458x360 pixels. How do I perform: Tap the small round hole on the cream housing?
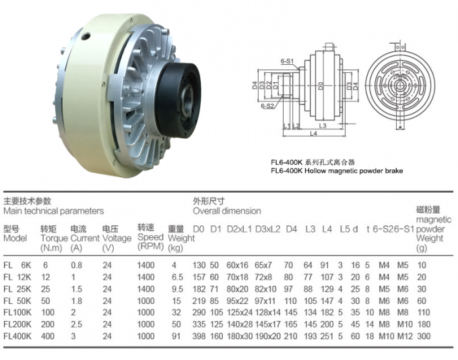pyautogui.click(x=86, y=36)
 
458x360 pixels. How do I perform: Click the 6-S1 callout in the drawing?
pyautogui.click(x=287, y=61)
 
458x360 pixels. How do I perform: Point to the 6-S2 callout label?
pyautogui.click(x=267, y=106)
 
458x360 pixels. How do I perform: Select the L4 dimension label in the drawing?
pyautogui.click(x=313, y=133)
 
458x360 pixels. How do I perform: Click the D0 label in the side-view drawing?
pyautogui.click(x=321, y=86)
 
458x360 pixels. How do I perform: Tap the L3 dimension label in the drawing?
pyautogui.click(x=323, y=126)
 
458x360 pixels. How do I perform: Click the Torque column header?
pyautogui.click(x=54, y=238)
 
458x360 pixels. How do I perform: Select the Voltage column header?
pyautogui.click(x=117, y=238)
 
